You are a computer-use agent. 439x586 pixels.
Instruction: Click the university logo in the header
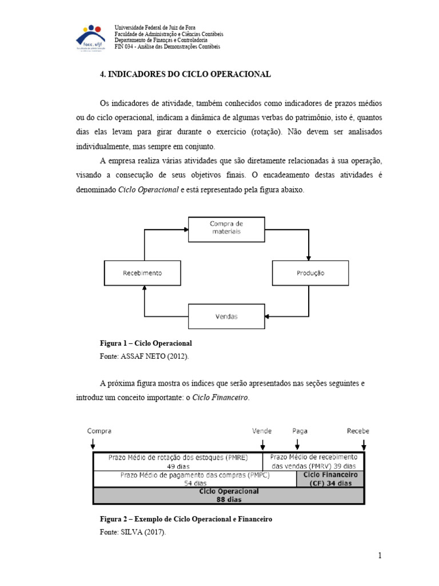[90, 37]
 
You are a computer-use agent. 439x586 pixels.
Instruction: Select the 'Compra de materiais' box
[226, 228]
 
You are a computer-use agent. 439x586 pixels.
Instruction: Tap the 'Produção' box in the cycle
[310, 273]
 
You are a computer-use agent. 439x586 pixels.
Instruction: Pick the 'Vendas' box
[226, 316]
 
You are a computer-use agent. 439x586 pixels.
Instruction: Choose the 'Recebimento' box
[142, 273]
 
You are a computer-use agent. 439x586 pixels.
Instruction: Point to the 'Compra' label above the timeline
[99, 431]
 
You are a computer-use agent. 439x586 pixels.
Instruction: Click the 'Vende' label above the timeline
[262, 431]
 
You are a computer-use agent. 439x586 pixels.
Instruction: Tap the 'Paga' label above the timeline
[300, 431]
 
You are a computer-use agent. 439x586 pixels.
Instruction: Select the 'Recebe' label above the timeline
[358, 431]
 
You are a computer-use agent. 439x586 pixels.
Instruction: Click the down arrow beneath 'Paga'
[297, 445]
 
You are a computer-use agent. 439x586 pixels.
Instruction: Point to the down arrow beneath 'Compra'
[93, 445]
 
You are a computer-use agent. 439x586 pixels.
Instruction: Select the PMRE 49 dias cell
[178, 462]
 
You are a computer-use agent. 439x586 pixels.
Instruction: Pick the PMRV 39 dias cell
[313, 462]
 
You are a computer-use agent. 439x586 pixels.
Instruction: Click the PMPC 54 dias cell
[194, 479]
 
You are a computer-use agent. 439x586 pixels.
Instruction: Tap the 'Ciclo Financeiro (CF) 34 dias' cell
[330, 479]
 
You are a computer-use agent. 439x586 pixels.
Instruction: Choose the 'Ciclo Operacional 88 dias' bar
[229, 496]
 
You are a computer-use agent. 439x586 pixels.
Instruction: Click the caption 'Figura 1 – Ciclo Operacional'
[146, 344]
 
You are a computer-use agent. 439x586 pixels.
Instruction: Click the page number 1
[380, 556]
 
